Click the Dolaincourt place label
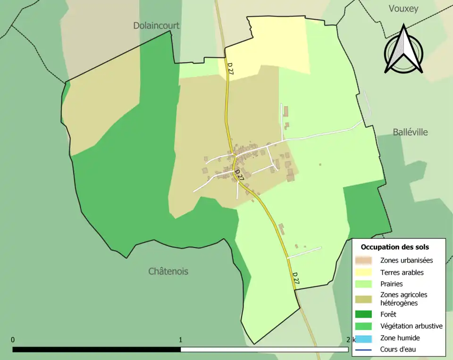156,26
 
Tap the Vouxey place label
403,8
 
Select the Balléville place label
410,132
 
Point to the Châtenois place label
168,271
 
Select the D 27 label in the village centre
239,176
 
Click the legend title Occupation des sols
394,247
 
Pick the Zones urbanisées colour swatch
364,260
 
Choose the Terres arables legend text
402,272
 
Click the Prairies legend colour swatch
364,284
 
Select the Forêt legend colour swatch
364,314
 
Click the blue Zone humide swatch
364,338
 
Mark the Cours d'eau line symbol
364,350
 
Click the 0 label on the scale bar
13,340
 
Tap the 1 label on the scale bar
181,340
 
